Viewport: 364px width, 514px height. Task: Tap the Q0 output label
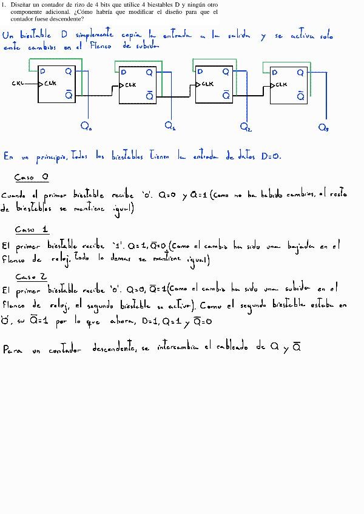coord(86,127)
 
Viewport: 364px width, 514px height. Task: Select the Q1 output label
coord(170,126)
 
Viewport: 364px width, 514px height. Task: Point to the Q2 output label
coord(246,127)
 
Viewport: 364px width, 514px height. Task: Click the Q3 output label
coord(324,127)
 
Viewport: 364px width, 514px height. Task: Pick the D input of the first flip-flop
coord(43,72)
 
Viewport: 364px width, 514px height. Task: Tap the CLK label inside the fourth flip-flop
coord(281,85)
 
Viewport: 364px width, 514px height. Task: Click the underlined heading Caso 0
coord(32,178)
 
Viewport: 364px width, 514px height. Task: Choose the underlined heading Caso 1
coord(32,230)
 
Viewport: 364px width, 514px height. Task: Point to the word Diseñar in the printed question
coord(22,5)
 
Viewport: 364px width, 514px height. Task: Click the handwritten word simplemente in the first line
coord(96,35)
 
